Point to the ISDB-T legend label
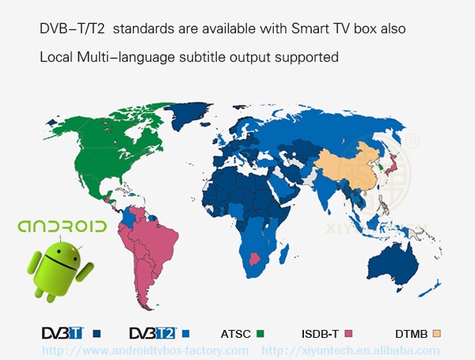pyautogui.click(x=321, y=334)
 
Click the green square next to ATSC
pyautogui.click(x=259, y=334)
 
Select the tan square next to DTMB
pyautogui.click(x=435, y=334)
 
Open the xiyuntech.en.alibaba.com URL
pyautogui.click(x=351, y=350)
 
